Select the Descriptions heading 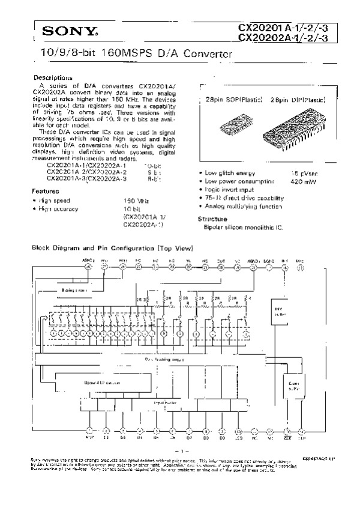pyautogui.click(x=53, y=78)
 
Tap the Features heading pyautogui.click(x=45, y=190)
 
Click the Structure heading pyautogui.click(x=212, y=219)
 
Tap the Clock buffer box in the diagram pyautogui.click(x=293, y=385)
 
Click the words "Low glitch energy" pyautogui.click(x=229, y=172)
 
